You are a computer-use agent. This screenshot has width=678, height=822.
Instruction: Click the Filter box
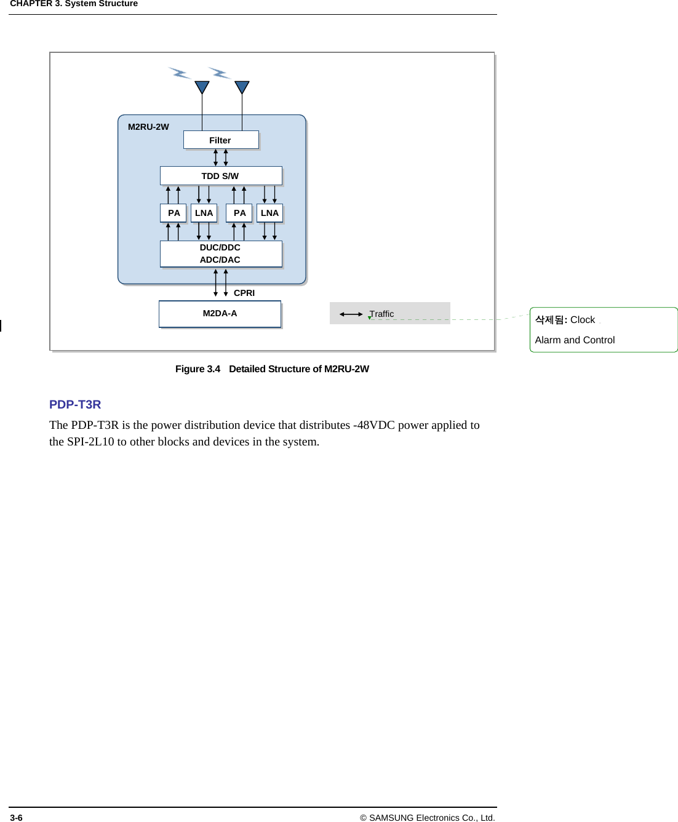[x=220, y=140]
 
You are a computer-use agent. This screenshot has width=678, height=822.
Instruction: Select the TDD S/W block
[x=220, y=176]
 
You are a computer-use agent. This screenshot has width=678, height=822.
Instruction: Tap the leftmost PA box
[x=173, y=213]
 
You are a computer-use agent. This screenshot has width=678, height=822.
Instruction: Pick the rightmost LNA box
[x=269, y=213]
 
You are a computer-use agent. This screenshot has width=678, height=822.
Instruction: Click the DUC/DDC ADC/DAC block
[x=220, y=253]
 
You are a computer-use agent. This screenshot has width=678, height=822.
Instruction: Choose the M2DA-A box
[x=220, y=314]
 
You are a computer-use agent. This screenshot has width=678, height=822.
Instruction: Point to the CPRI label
[x=244, y=293]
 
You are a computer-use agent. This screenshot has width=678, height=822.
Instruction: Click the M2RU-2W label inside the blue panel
[x=148, y=127]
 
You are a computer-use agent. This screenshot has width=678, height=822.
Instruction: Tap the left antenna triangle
[x=202, y=87]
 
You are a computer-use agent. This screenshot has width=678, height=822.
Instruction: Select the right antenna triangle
[x=242, y=87]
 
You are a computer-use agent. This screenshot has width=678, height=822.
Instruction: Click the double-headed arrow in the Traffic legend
[x=351, y=314]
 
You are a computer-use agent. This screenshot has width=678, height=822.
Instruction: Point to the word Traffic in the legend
[x=382, y=314]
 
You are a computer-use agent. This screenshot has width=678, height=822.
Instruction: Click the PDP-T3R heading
[x=75, y=404]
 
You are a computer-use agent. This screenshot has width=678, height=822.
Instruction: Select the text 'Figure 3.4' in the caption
[x=197, y=369]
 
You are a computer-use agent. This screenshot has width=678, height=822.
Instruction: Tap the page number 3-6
[x=17, y=818]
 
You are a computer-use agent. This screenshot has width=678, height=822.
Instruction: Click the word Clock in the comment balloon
[x=582, y=320]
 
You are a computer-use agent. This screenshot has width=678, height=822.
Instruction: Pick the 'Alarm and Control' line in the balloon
[x=575, y=340]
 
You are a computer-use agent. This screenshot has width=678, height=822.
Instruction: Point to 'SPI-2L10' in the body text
[x=90, y=442]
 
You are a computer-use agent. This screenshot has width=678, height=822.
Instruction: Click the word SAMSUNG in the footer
[x=391, y=818]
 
